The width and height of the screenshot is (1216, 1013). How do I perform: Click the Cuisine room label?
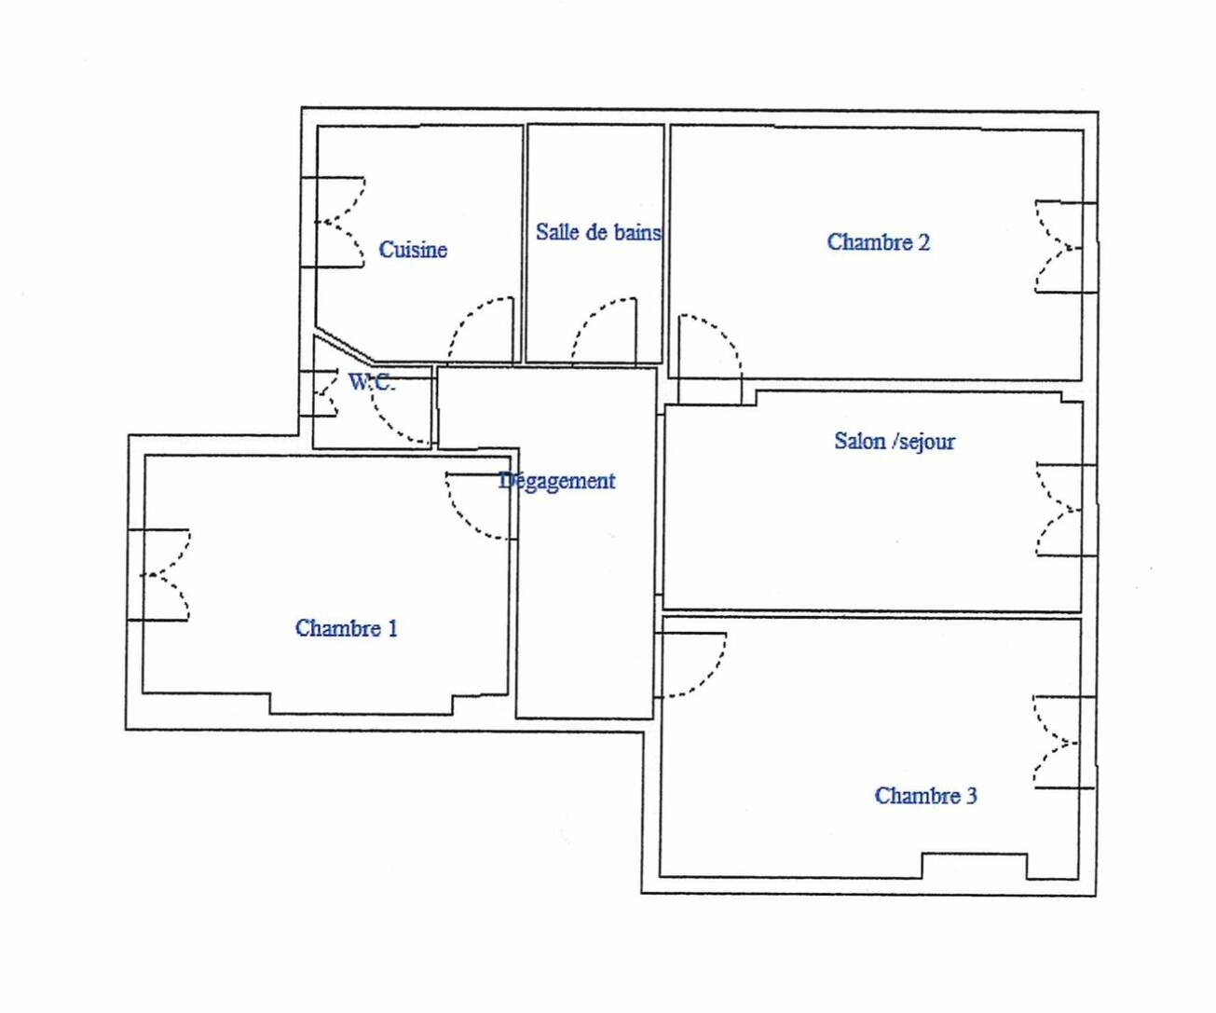pyautogui.click(x=413, y=250)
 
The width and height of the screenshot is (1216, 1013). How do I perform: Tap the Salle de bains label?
pyautogui.click(x=598, y=232)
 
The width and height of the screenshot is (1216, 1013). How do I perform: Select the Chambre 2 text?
pyautogui.click(x=878, y=242)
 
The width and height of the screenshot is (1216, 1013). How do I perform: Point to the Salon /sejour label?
pyautogui.click(x=895, y=442)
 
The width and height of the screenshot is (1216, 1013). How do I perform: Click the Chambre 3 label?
pyautogui.click(x=925, y=796)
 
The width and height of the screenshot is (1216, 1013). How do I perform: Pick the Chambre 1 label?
pyautogui.click(x=346, y=628)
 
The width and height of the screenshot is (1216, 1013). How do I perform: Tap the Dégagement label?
pyautogui.click(x=557, y=481)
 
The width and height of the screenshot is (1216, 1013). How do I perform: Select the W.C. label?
pyautogui.click(x=372, y=382)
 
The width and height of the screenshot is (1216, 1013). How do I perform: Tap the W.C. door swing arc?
pyautogui.click(x=388, y=422)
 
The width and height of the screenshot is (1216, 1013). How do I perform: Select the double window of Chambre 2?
pyautogui.click(x=1066, y=247)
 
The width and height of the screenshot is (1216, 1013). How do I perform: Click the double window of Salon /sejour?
pyautogui.click(x=1067, y=511)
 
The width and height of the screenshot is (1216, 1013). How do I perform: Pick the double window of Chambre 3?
pyautogui.click(x=1064, y=743)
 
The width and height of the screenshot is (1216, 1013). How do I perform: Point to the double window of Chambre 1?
pyautogui.click(x=158, y=575)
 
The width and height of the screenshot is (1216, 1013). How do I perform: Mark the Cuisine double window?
pyautogui.click(x=334, y=223)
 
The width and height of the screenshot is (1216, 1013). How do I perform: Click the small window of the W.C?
pyautogui.click(x=319, y=394)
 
